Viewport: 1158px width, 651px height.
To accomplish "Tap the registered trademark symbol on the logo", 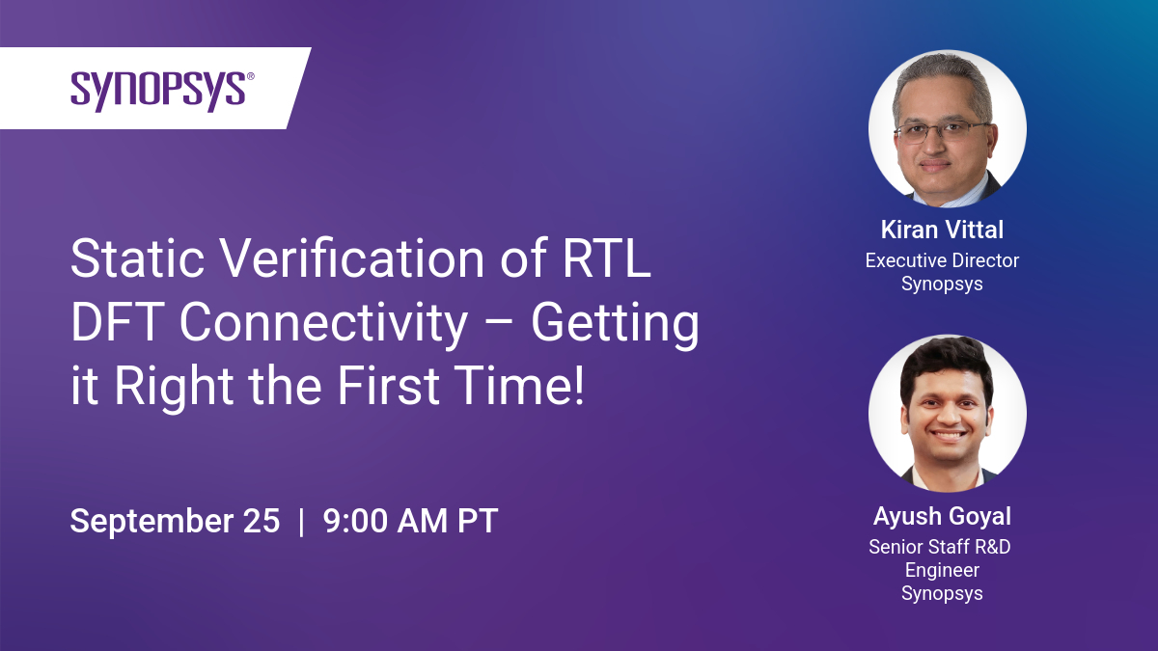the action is click(251, 76).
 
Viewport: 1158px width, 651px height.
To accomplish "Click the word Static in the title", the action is click(137, 258).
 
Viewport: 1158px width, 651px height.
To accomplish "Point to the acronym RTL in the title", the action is click(606, 258).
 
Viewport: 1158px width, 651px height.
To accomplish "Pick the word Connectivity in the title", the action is click(324, 326).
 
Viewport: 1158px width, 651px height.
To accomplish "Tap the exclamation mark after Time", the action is click(578, 385).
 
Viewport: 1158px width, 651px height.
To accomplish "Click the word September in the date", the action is click(151, 522).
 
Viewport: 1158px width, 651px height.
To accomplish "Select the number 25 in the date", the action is click(262, 520).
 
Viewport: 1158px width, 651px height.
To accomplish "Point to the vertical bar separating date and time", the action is click(301, 522).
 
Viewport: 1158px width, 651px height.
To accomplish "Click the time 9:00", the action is click(355, 520).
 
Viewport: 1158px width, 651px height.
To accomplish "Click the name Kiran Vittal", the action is click(942, 230).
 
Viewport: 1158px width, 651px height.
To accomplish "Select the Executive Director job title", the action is click(942, 260).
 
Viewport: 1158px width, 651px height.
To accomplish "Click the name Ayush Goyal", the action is click(942, 517).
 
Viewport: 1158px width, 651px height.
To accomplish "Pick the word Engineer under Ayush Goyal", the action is click(942, 571).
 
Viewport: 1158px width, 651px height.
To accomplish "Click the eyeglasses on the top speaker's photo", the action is click(942, 132).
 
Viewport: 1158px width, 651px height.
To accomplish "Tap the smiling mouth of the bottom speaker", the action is click(948, 436).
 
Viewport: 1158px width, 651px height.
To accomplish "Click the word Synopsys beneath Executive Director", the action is click(942, 285).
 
